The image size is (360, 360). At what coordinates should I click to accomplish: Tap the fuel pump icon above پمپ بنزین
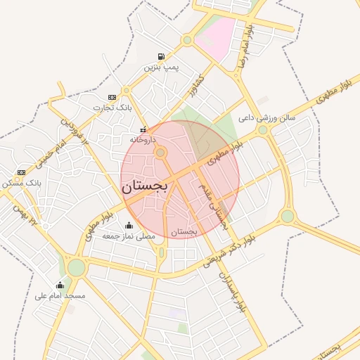point(162,56)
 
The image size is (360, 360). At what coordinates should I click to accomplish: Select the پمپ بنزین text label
point(162,67)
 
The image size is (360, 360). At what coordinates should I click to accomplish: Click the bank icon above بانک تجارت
point(112,97)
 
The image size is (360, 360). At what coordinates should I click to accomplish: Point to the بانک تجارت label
point(112,108)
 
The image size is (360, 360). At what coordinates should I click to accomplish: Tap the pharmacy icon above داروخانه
point(143,129)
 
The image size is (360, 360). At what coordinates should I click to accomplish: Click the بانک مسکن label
point(23,183)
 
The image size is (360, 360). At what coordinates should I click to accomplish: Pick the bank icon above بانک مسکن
point(21,172)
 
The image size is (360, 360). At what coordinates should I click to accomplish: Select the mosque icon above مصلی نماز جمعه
point(129,226)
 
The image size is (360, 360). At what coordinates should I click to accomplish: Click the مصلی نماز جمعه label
point(129,236)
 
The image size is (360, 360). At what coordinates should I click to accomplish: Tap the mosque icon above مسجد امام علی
point(60,285)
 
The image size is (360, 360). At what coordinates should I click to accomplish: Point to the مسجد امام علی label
point(60,296)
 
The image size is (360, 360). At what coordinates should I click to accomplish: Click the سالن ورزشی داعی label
point(268,118)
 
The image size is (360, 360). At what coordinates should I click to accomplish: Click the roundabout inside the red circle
point(161,152)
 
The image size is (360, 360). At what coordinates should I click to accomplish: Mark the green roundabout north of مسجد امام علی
point(76,268)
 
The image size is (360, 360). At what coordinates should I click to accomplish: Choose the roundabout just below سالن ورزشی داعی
point(263,130)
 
